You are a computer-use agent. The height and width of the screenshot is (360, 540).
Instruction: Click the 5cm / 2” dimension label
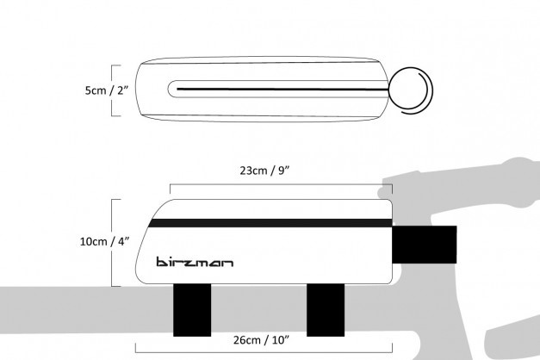[x=107, y=90]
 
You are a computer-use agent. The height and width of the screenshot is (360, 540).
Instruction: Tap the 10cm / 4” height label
[x=105, y=241]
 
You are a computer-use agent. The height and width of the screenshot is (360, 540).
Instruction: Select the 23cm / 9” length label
[x=265, y=171]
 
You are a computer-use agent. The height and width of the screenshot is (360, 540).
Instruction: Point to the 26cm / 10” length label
[x=261, y=340]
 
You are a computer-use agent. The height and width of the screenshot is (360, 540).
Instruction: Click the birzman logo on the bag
[x=195, y=262]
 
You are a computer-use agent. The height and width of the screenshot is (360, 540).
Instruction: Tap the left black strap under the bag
[x=192, y=310]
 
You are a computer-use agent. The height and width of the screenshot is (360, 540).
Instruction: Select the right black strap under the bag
[x=326, y=310]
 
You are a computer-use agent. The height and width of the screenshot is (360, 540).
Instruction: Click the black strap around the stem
[x=425, y=245]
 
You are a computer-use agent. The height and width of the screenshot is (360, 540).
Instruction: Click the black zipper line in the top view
[x=282, y=90]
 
